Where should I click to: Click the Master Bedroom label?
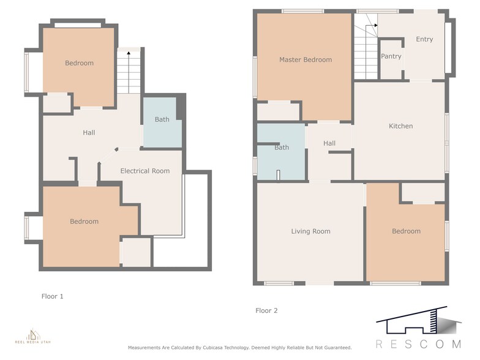(306, 60)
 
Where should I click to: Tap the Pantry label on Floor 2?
(391, 56)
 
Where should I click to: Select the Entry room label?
(424, 39)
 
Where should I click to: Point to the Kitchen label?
(400, 126)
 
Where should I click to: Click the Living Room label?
(311, 231)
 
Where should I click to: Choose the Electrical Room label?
(144, 171)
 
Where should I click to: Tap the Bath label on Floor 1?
(162, 119)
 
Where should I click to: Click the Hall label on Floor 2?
(329, 143)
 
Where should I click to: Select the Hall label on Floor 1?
(89, 132)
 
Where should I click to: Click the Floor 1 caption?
(53, 296)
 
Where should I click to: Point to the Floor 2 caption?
(266, 310)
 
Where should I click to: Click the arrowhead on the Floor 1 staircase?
(129, 53)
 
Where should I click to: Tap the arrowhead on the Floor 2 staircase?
(376, 26)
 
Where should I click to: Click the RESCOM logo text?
(419, 344)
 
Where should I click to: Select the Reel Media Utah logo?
(33, 336)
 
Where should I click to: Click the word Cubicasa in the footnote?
(213, 348)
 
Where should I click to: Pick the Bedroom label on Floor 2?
(407, 231)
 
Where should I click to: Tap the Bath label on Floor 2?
(282, 148)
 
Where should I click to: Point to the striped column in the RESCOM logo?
(432, 321)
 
